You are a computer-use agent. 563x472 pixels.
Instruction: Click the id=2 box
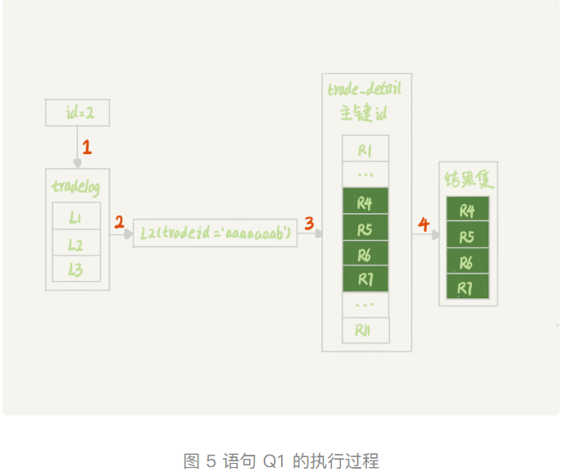click(77, 113)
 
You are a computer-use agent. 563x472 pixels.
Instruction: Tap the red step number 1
click(87, 148)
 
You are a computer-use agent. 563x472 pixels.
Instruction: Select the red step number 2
click(120, 222)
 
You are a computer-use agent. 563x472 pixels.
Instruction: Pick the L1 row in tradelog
click(76, 217)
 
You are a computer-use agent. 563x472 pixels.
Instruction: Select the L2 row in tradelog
click(76, 243)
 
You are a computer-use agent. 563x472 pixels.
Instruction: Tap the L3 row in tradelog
click(76, 269)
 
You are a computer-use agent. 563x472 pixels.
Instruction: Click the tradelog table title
click(76, 186)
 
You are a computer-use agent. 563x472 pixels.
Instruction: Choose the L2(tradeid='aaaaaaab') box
click(216, 233)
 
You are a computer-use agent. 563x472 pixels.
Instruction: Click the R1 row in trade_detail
click(365, 150)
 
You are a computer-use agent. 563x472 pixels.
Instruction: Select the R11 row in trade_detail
click(365, 330)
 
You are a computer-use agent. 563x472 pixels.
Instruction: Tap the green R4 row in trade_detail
click(365, 202)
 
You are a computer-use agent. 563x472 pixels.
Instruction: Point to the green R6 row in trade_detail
click(365, 254)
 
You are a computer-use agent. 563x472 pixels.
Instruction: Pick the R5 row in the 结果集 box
click(467, 236)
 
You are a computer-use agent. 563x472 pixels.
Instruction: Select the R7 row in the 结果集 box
click(467, 288)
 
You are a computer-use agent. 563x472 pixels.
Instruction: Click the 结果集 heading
click(468, 179)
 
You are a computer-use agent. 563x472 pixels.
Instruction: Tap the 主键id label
click(365, 113)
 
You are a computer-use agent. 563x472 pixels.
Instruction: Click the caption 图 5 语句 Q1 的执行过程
click(281, 461)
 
